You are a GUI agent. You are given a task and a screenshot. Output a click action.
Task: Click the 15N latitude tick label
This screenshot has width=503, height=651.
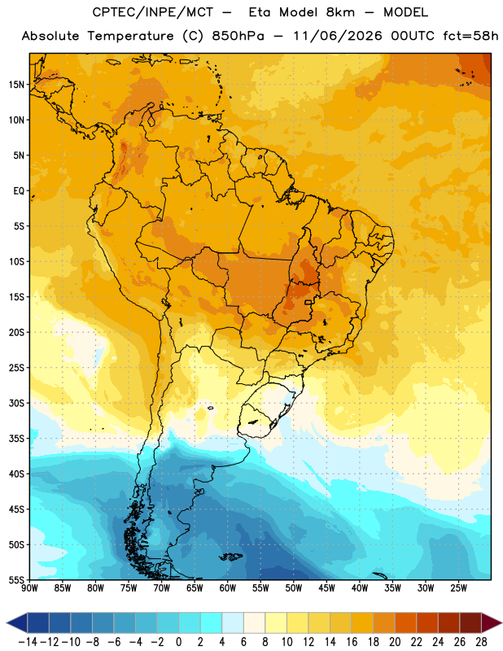point(16,85)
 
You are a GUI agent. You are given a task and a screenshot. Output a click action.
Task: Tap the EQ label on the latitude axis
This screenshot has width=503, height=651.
point(19,191)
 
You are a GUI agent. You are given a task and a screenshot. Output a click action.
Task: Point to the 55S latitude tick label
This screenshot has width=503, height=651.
point(16,580)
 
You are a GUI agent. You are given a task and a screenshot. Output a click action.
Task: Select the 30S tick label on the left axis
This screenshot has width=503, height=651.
point(16,403)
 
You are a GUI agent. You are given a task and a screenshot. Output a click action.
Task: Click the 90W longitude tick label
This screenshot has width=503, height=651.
point(29,588)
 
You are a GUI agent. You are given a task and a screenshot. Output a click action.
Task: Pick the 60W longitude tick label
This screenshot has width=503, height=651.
point(228,588)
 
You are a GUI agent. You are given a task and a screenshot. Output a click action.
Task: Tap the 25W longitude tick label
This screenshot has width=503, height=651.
point(458,588)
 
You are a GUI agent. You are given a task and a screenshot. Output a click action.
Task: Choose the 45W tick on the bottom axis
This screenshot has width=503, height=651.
point(326,588)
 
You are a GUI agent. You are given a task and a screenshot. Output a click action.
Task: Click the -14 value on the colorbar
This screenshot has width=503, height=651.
point(28,642)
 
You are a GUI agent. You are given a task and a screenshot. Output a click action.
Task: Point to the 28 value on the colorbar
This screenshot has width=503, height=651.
point(481,642)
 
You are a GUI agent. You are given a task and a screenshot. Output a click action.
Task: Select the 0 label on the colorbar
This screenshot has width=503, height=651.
point(178,642)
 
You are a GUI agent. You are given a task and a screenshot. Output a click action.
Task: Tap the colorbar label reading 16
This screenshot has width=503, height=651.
point(352,642)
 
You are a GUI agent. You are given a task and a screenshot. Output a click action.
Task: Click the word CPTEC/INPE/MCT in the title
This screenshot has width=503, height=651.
point(153,12)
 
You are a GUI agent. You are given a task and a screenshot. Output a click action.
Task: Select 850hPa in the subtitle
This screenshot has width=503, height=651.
point(238,36)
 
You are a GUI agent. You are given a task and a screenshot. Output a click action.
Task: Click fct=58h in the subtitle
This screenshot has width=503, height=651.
point(470,36)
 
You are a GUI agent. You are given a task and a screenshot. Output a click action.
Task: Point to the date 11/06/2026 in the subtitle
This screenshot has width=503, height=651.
point(338,36)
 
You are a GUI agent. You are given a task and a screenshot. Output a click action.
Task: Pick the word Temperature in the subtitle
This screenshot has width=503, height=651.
point(130,36)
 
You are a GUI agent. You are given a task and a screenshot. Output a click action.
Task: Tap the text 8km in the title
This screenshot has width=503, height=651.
point(340,12)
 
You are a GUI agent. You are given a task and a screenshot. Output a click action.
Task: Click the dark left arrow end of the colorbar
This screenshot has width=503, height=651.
point(17,623)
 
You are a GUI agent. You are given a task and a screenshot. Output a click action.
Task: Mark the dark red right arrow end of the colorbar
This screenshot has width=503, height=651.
point(492,623)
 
